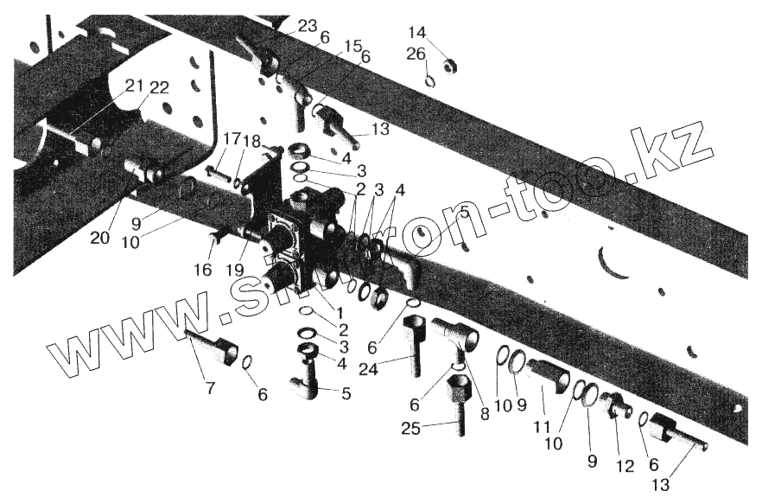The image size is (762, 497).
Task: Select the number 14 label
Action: tap(417, 33)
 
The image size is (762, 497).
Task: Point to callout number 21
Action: tap(134, 85)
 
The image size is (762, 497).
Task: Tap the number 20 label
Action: tap(100, 238)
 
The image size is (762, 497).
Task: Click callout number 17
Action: tap(231, 139)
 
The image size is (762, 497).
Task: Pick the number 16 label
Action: tap(202, 270)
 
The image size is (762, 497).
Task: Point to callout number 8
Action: tap(485, 413)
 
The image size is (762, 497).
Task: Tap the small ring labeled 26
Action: tap(429, 81)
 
